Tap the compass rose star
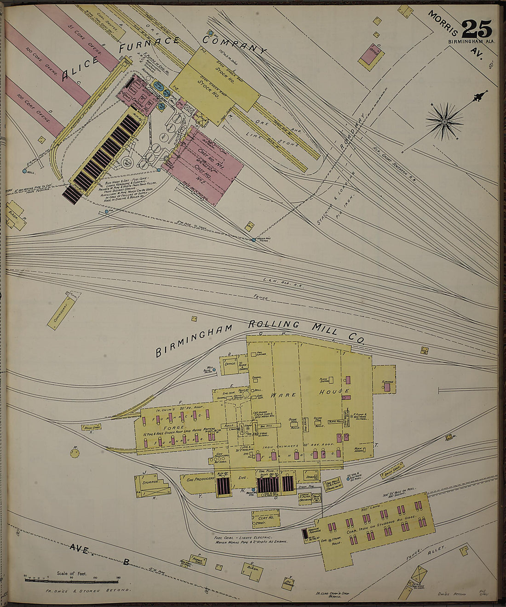[444, 121]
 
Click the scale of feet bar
[71, 580]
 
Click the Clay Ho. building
[265, 518]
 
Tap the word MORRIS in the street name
[443, 23]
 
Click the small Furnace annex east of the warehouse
[384, 380]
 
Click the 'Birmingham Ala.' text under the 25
[472, 42]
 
